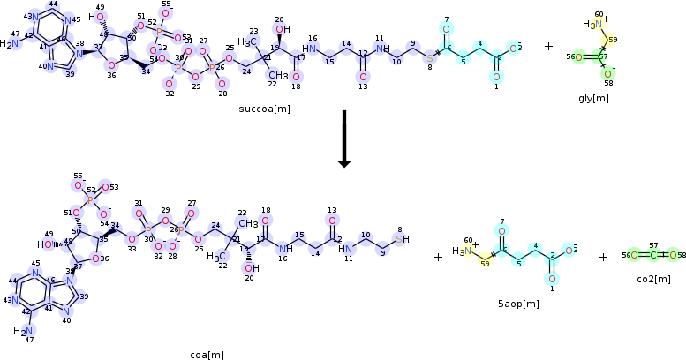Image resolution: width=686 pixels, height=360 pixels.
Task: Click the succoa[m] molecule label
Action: click(264, 109)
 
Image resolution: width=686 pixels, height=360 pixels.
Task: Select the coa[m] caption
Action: click(208, 354)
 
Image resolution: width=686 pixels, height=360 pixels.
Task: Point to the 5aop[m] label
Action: click(518, 304)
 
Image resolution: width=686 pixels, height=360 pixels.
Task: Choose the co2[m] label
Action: click(652, 279)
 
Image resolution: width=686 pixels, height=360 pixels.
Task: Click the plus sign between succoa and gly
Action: click(548, 46)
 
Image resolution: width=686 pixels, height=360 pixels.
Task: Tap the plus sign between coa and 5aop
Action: click(438, 257)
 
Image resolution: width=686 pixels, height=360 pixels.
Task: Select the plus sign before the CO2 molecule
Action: click(604, 257)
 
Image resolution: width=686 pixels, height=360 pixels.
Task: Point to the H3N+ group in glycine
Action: click(592, 24)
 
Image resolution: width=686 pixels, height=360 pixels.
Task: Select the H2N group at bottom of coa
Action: click(22, 331)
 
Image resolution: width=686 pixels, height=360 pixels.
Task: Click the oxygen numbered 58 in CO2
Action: click(672, 256)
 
